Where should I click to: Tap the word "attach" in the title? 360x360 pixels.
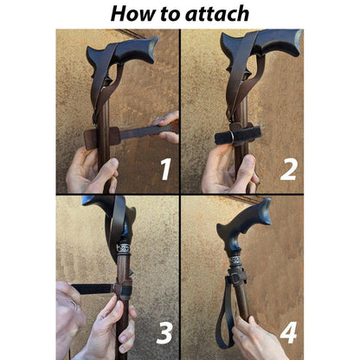217,14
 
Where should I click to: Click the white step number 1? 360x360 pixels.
165,170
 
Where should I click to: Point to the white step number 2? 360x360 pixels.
288,170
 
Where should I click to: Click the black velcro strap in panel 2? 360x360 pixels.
237,136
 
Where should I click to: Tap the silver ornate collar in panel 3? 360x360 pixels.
124,248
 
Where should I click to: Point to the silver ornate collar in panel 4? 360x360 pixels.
236,262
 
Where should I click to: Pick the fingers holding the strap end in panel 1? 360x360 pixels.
166,127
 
